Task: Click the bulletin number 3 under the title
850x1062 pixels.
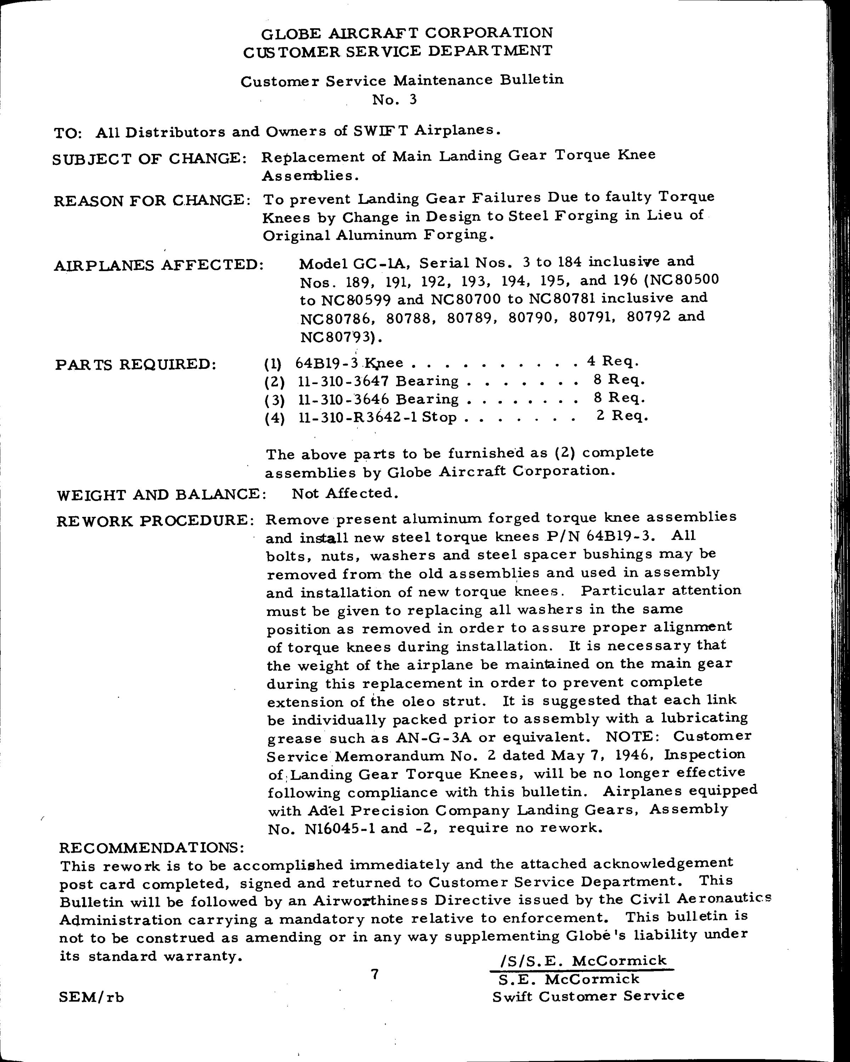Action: (413, 99)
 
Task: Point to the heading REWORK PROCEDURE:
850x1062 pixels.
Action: (156, 521)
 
